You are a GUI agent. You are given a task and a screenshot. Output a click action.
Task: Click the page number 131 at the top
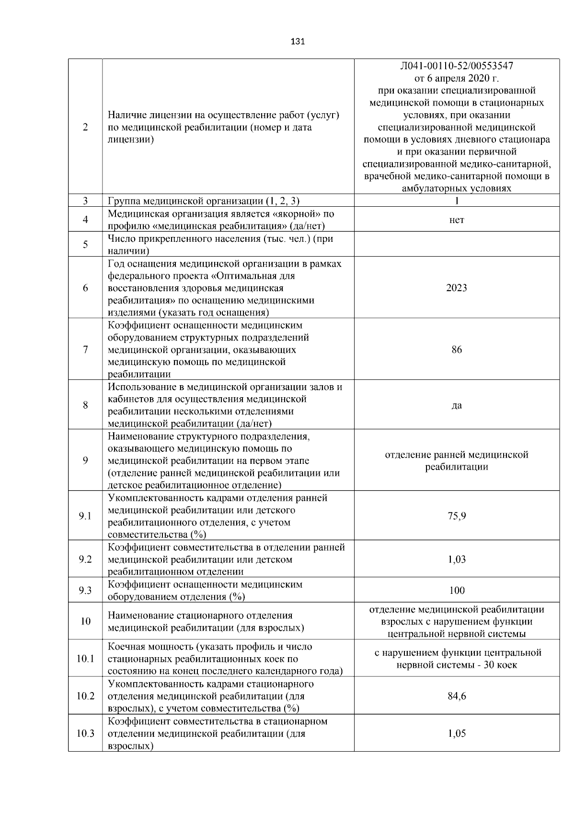(298, 42)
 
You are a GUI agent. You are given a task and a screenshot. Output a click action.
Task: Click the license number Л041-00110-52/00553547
(457, 66)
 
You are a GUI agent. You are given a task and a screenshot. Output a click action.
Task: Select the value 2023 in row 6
(456, 288)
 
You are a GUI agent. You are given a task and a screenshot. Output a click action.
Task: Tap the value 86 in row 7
(457, 350)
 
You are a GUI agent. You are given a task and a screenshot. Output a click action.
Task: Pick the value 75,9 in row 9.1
(457, 516)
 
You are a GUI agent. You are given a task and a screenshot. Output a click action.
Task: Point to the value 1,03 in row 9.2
(457, 559)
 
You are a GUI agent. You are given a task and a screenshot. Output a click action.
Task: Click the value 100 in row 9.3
(457, 590)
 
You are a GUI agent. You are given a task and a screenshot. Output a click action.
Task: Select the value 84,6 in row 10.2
(457, 696)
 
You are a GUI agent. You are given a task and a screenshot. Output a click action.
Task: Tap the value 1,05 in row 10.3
(457, 733)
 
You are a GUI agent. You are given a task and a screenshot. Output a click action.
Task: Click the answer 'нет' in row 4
(457, 220)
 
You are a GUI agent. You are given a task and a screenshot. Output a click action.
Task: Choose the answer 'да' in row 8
(457, 405)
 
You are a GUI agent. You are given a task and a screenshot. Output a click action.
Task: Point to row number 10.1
(85, 659)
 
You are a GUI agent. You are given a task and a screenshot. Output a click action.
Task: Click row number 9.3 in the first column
(85, 590)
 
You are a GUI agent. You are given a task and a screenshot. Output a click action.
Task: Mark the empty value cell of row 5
(457, 244)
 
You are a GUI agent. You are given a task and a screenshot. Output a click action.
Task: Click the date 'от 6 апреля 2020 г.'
(457, 78)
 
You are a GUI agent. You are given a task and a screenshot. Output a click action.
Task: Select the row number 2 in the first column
(85, 128)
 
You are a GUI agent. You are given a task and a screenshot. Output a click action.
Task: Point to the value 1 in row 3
(457, 201)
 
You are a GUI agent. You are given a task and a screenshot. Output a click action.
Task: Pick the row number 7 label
(85, 350)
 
